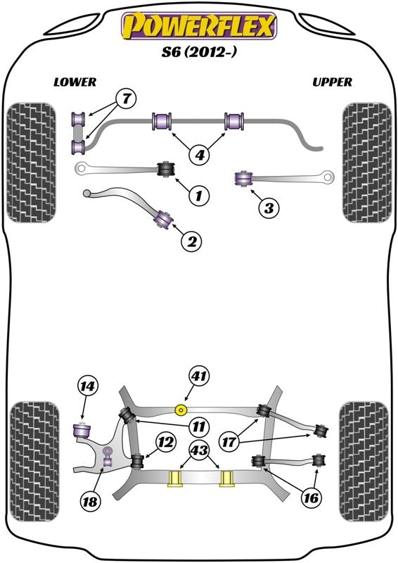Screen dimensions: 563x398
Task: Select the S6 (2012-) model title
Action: click(x=199, y=53)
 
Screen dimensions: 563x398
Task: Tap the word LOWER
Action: click(x=75, y=82)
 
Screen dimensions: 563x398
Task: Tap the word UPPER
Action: click(x=332, y=82)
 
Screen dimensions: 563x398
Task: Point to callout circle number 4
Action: click(x=200, y=153)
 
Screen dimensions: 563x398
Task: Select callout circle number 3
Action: click(x=268, y=206)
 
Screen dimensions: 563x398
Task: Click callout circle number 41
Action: click(x=199, y=377)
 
